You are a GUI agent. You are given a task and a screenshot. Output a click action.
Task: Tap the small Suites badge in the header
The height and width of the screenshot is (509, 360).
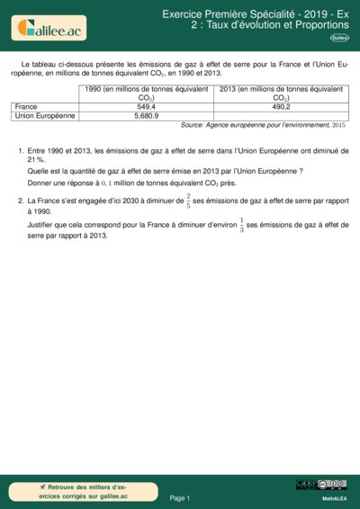tap(339, 38)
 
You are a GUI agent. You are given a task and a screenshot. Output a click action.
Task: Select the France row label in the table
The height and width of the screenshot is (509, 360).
tap(27, 106)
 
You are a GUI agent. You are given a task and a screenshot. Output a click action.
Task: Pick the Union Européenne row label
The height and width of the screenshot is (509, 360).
tap(46, 116)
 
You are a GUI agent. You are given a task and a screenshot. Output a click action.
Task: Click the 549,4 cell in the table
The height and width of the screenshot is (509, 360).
tap(147, 106)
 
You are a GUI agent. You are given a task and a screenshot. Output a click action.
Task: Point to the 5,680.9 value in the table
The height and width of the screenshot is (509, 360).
tap(147, 116)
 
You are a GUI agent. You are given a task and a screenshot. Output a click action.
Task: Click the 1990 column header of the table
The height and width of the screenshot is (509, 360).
tap(147, 94)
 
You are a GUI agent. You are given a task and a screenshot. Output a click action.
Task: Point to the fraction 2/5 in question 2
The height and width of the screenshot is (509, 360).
tap(187, 201)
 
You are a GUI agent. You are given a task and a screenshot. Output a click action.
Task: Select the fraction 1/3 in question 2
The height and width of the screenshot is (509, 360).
tap(240, 226)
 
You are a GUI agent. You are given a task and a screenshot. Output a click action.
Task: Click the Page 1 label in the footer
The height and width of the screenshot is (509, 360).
tap(180, 496)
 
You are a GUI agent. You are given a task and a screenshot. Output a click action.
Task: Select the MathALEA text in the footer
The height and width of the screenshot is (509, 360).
tap(334, 497)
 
